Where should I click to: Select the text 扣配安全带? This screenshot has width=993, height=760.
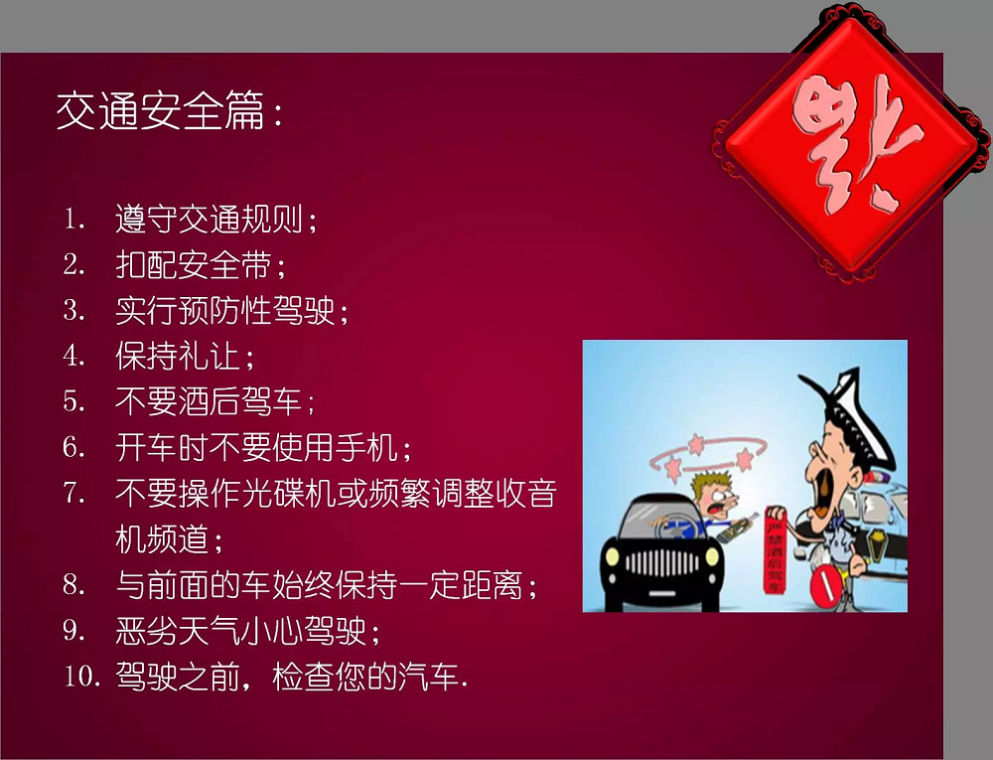pyautogui.click(x=201, y=265)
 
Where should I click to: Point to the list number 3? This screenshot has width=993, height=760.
pyautogui.click(x=74, y=310)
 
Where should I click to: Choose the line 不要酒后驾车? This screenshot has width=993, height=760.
pyautogui.click(x=214, y=401)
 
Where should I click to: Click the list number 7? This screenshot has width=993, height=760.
pyautogui.click(x=74, y=493)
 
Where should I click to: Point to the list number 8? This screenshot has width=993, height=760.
pyautogui.click(x=74, y=584)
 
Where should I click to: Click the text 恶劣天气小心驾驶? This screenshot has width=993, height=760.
pyautogui.click(x=247, y=631)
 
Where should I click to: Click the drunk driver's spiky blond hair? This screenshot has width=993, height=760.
pyautogui.click(x=706, y=487)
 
